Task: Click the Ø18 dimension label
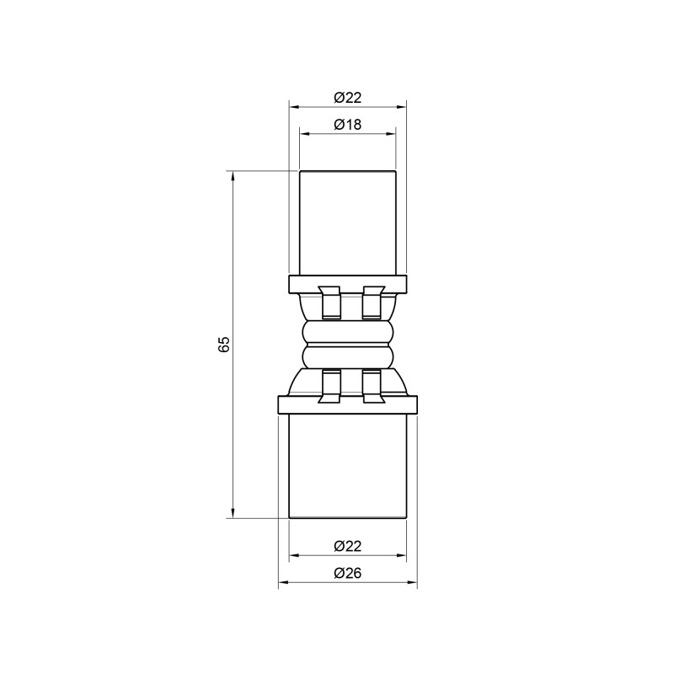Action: pyautogui.click(x=347, y=124)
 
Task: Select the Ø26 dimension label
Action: pyautogui.click(x=347, y=573)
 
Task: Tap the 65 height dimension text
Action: pyautogui.click(x=224, y=345)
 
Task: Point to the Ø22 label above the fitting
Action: pyautogui.click(x=347, y=97)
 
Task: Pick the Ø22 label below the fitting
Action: pyautogui.click(x=347, y=546)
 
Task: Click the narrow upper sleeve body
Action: pyautogui.click(x=347, y=222)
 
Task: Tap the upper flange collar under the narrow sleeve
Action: pyautogui.click(x=347, y=282)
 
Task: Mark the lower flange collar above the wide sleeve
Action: pyautogui.click(x=347, y=405)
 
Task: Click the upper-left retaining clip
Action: pyautogui.click(x=330, y=302)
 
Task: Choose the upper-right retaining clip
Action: pyautogui.click(x=372, y=302)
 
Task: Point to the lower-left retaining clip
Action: pyautogui.click(x=330, y=385)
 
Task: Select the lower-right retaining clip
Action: pyautogui.click(x=372, y=385)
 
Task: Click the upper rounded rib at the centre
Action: pyautogui.click(x=347, y=332)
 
